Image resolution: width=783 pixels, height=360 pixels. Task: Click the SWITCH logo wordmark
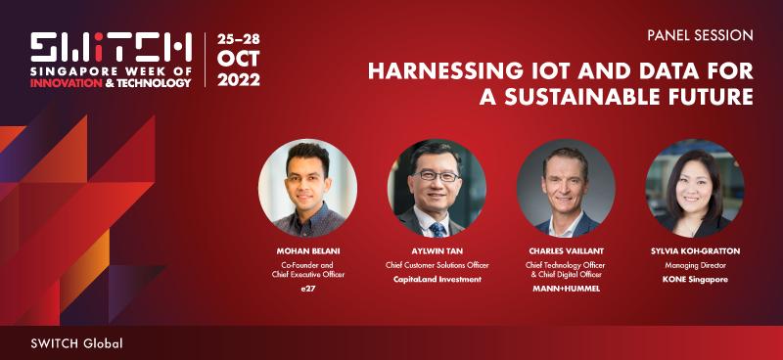pos(111,48)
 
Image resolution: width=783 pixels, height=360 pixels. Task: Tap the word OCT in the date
pos(238,60)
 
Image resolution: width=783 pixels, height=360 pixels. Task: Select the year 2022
pos(239,79)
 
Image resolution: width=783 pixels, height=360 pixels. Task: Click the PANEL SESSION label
pos(700,35)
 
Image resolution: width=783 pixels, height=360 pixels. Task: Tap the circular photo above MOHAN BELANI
pos(307,188)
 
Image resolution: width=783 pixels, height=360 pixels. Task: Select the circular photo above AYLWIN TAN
pos(437,188)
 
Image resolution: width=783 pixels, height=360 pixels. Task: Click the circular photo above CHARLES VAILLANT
pos(566,188)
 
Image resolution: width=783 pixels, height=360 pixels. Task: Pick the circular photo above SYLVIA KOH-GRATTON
pos(695,188)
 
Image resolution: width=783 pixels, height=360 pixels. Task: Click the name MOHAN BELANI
pos(308,251)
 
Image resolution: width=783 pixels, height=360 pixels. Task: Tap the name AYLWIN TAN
pos(437,251)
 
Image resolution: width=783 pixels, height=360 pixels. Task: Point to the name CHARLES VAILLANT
pos(566,251)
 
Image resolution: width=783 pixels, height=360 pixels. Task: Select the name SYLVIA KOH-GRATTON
pos(695,251)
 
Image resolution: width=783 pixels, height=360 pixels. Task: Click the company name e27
pos(308,289)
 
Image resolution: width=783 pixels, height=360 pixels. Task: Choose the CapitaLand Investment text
pos(437,279)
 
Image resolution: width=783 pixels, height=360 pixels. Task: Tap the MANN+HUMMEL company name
pos(566,289)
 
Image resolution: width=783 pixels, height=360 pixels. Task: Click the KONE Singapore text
pos(695,279)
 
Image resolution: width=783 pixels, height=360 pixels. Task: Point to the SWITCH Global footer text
pos(76,343)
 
